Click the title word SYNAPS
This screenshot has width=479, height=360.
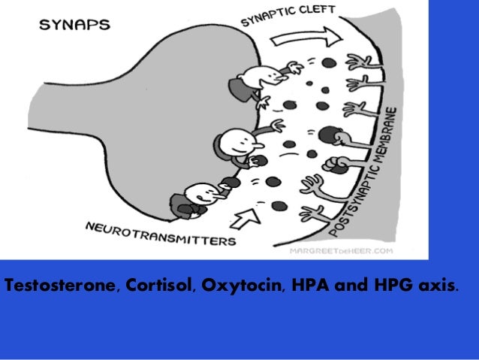[x=74, y=24]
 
